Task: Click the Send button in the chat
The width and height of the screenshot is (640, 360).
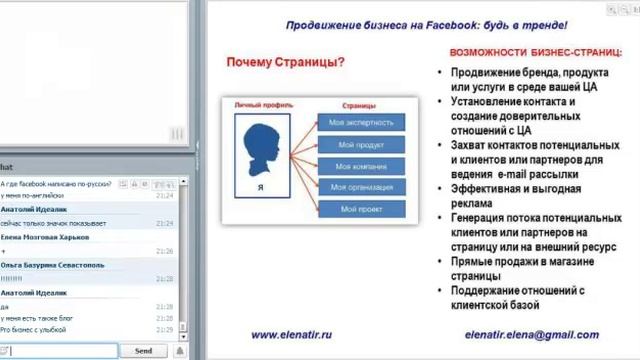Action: click(x=143, y=351)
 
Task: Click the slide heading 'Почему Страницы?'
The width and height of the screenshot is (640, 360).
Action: click(x=286, y=63)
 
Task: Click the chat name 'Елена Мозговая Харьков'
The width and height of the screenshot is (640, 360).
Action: click(x=46, y=237)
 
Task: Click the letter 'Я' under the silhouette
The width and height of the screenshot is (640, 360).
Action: click(x=260, y=187)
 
